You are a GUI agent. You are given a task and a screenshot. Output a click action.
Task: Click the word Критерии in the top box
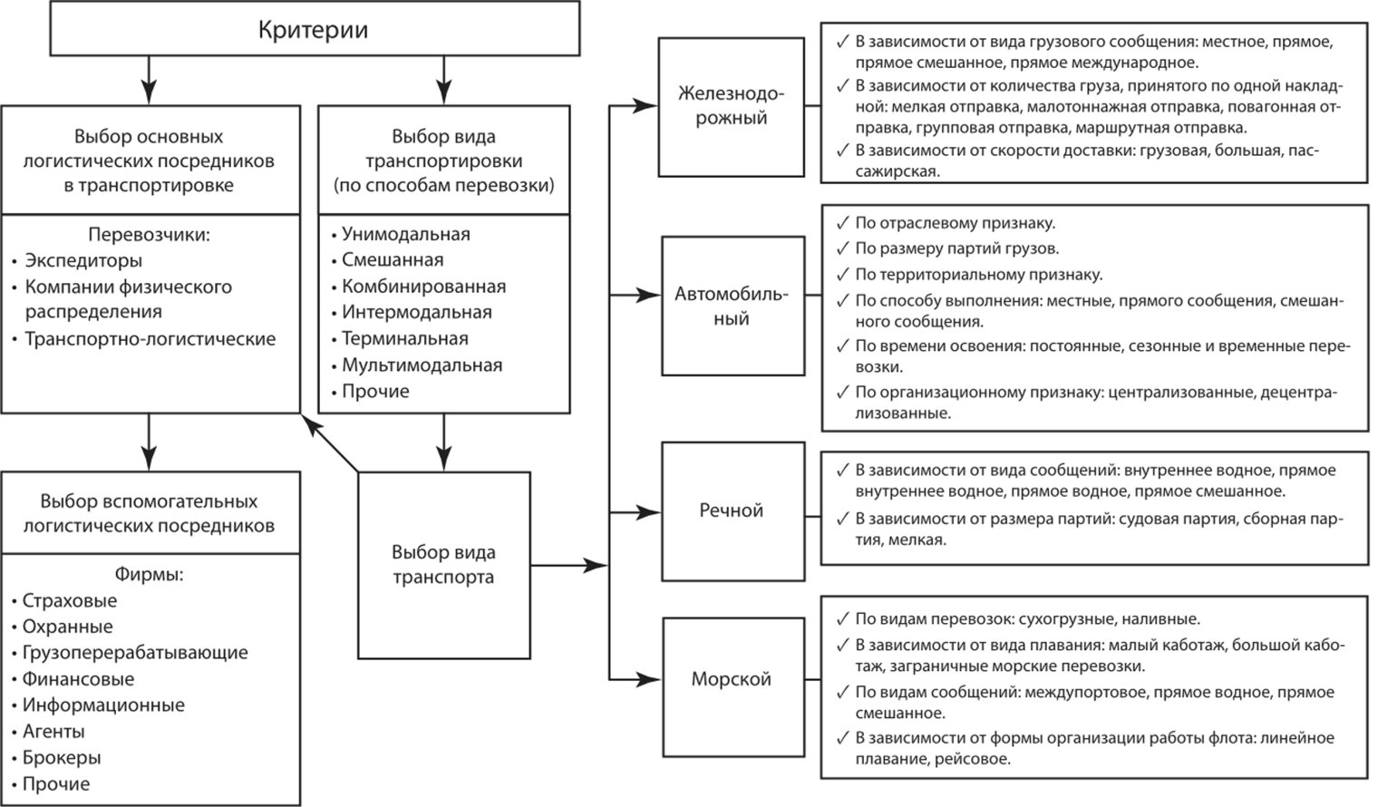[x=313, y=30]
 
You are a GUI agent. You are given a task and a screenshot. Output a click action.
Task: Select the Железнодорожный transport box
[x=731, y=106]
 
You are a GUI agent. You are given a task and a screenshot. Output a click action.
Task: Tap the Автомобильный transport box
[x=732, y=306]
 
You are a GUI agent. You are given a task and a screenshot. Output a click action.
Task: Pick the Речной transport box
[x=732, y=510]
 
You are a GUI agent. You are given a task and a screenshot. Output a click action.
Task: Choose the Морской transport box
[x=732, y=679]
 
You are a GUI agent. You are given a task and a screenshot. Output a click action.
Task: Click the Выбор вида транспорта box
[x=443, y=564]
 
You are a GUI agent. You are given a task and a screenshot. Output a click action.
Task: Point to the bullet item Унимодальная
[x=405, y=234]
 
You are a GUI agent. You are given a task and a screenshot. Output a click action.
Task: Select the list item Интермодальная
[x=416, y=313]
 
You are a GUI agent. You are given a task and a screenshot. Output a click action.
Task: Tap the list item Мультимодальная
[x=422, y=365]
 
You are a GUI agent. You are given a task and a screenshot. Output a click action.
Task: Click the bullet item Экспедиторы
[x=83, y=261]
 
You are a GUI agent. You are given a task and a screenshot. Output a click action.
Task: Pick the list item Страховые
[x=70, y=600]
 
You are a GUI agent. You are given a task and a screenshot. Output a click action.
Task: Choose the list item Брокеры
[x=62, y=757]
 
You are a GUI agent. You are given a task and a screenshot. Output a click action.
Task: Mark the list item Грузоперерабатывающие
[x=135, y=653]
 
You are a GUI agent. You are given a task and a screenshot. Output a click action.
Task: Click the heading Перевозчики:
[x=149, y=235]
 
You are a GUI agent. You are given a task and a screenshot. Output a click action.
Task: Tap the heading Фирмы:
[x=149, y=574]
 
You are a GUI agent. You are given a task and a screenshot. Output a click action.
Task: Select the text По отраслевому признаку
[x=956, y=223]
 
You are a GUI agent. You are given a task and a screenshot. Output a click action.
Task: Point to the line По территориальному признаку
[x=979, y=274]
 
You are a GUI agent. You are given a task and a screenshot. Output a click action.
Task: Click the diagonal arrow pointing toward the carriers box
[x=332, y=444]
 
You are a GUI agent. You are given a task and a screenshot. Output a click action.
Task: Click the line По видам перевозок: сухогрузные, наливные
[x=1027, y=619]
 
